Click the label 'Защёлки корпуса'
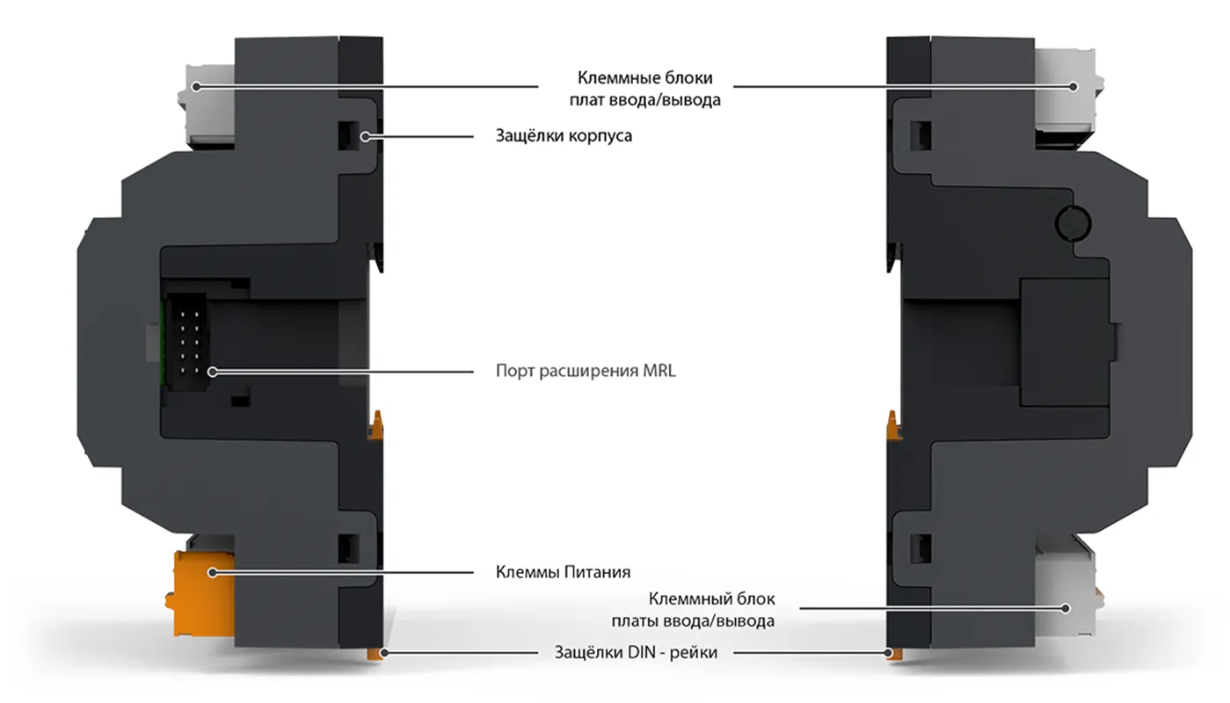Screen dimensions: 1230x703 coord(564,135)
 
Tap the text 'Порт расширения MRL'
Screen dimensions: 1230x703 coord(586,371)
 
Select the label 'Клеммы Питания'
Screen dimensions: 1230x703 coord(563,572)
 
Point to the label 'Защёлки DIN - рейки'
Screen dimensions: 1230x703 coord(636,653)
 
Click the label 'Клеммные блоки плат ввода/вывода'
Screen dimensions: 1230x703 coord(644,89)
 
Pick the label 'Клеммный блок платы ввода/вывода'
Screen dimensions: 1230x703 coord(693,610)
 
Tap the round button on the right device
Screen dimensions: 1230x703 coord(1073,223)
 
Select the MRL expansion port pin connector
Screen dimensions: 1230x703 coord(186,341)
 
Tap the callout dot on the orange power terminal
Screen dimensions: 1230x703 coord(213,572)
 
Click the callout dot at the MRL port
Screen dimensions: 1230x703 coord(213,372)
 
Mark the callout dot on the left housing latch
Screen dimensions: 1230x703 coord(365,136)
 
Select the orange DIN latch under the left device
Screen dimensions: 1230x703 coord(376,653)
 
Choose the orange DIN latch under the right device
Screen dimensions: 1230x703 coord(893,654)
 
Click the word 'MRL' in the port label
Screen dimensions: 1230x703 coord(659,371)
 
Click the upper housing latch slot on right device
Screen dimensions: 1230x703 coord(921,135)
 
